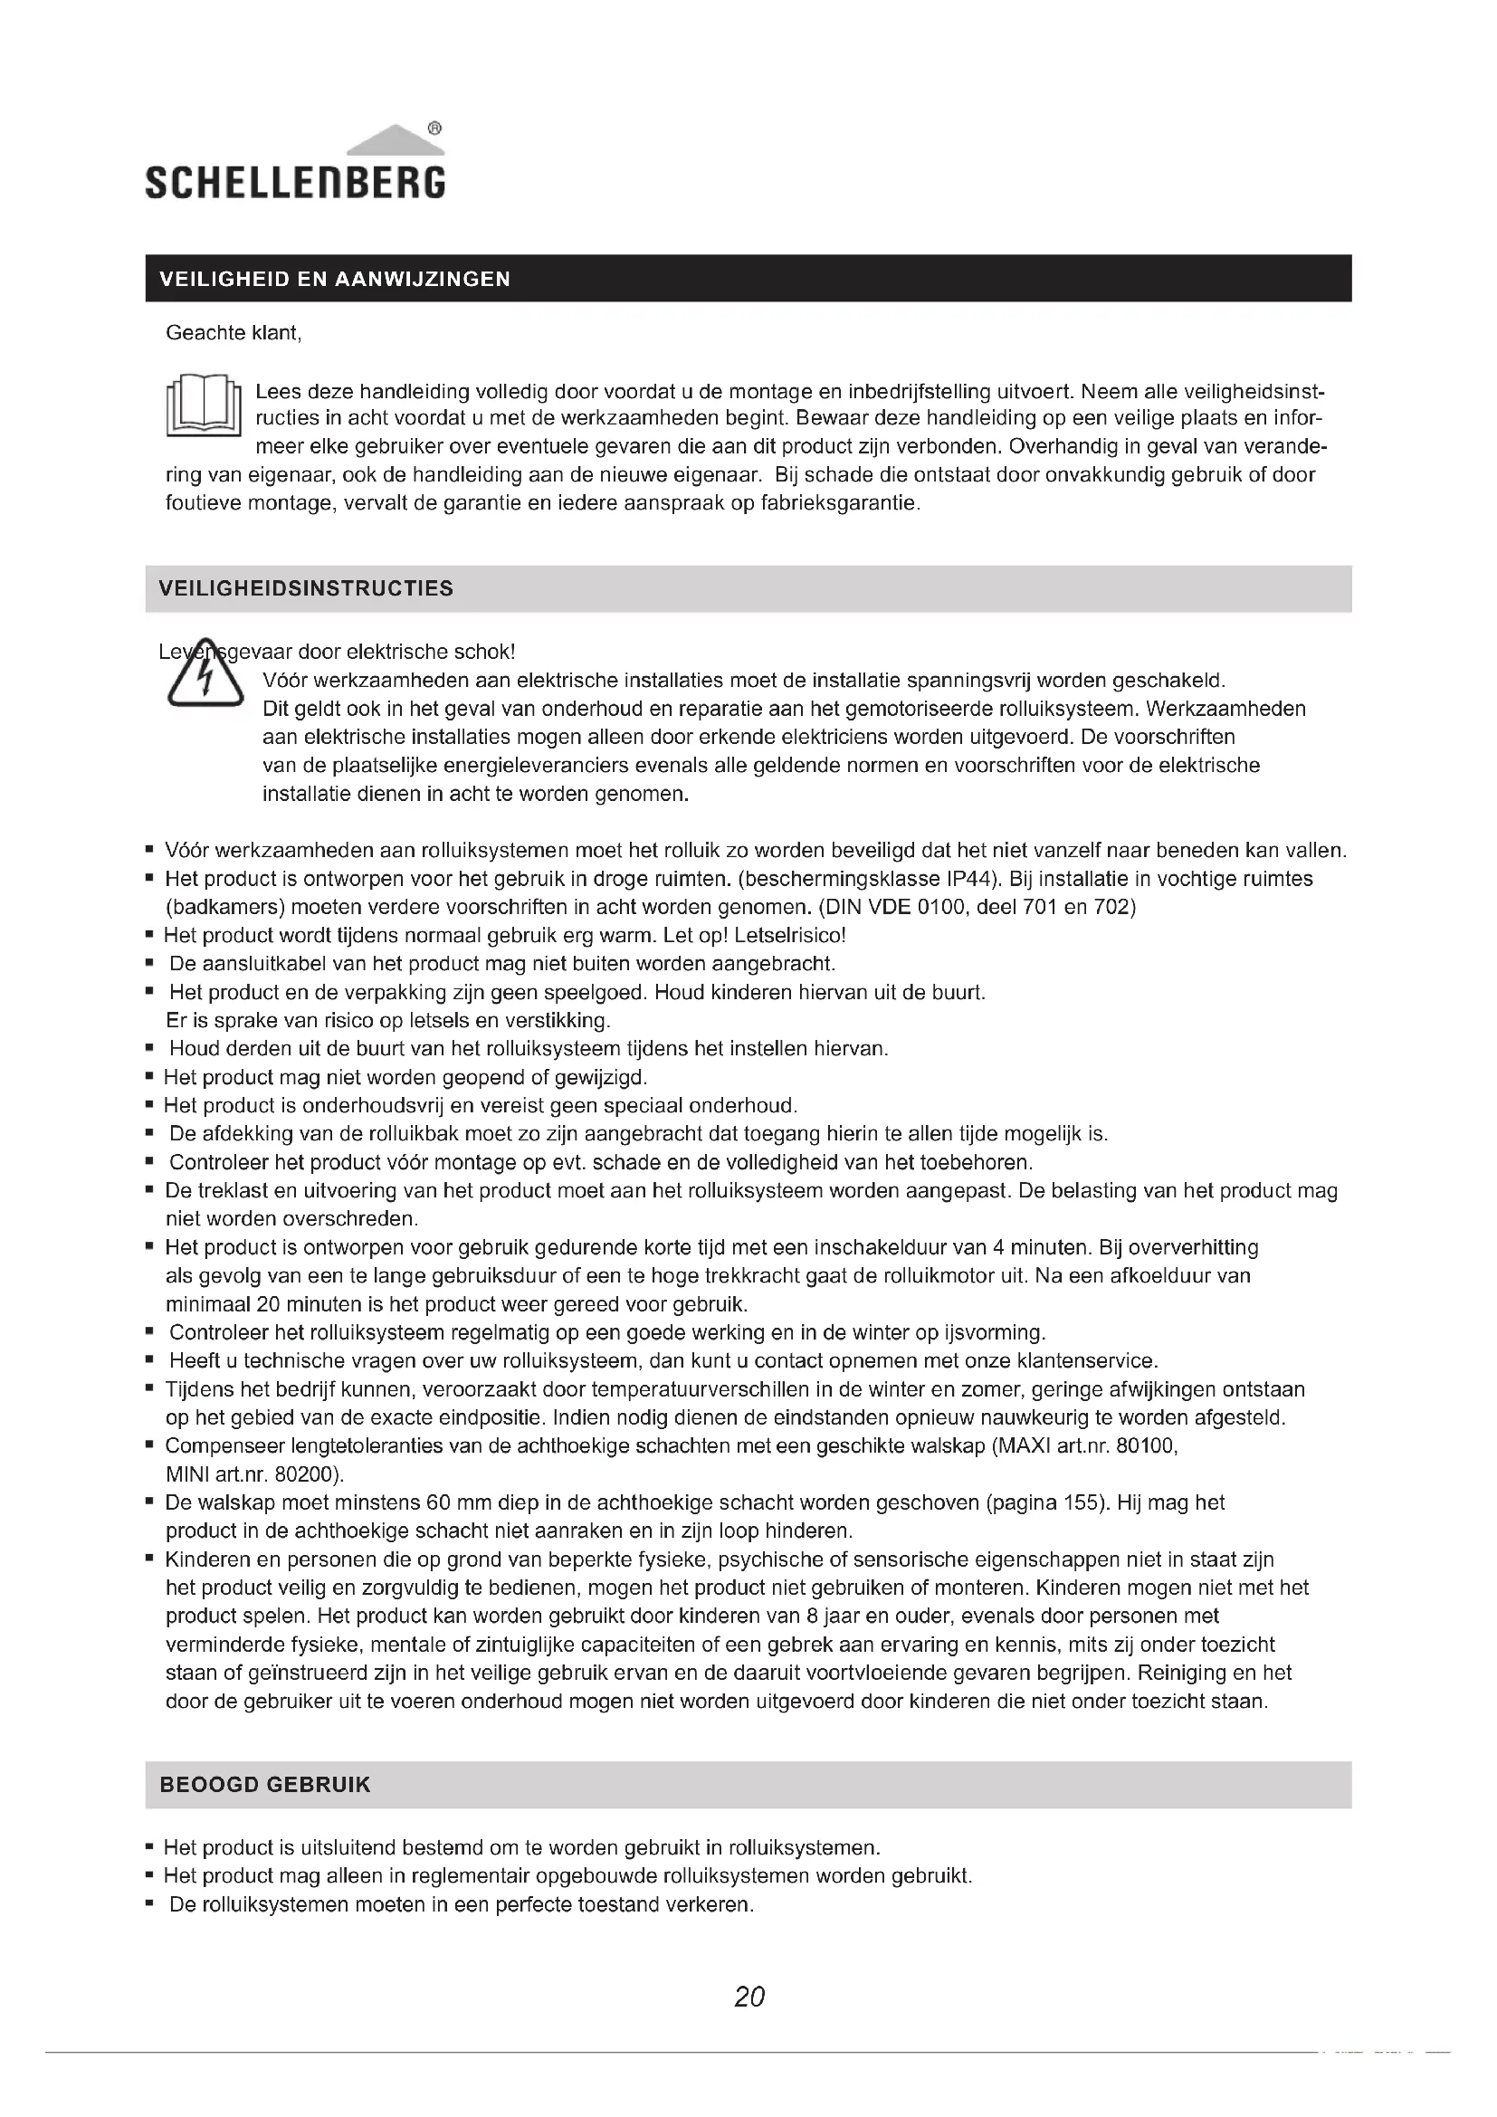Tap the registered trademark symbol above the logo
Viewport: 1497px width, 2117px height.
click(435, 129)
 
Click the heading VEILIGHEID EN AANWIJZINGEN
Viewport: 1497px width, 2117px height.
click(335, 280)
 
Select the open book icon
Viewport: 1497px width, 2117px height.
click(203, 405)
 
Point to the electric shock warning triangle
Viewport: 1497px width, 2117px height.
click(205, 677)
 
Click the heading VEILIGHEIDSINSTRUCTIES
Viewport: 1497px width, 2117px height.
click(306, 588)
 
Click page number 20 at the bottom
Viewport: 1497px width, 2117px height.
click(748, 1997)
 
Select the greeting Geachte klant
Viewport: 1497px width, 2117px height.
click(234, 333)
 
